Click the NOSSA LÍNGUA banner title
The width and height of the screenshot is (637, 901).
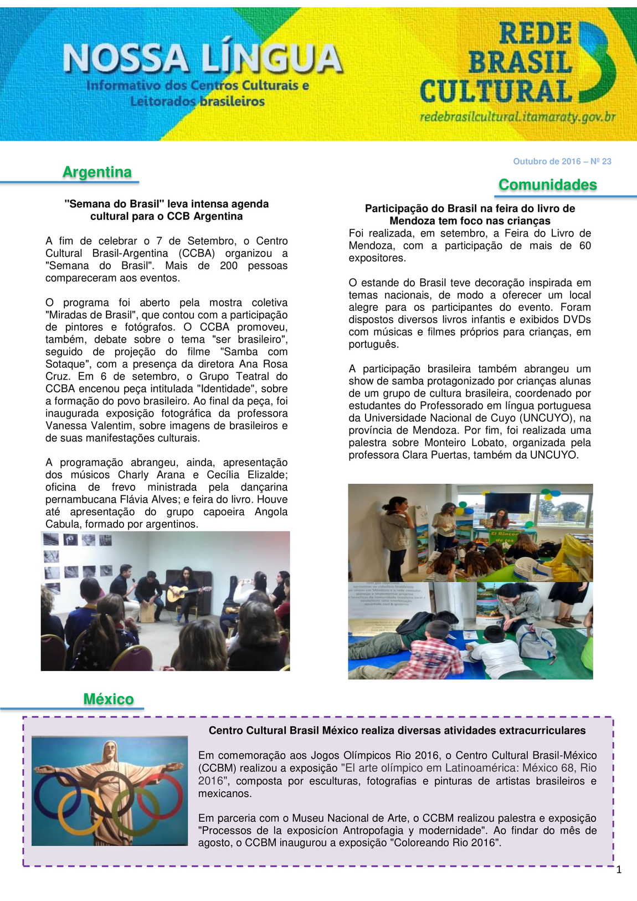coord(203,59)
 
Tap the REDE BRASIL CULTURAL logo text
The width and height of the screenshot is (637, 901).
coord(496,63)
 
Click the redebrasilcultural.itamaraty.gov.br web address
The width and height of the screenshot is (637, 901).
coord(517,117)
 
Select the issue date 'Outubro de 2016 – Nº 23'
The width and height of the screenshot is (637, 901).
coord(562,161)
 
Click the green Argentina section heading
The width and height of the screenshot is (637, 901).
coord(97,172)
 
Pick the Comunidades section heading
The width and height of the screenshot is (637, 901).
coord(547,185)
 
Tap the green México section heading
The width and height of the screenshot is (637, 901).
coord(109,699)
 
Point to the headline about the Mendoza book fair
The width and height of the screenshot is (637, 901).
coord(470,214)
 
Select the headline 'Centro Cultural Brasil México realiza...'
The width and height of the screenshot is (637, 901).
coord(397,730)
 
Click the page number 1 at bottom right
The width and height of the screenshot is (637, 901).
coord(619,870)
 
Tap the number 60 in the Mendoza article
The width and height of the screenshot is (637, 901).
coord(585,245)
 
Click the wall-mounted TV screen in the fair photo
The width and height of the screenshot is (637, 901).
coord(507,502)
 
